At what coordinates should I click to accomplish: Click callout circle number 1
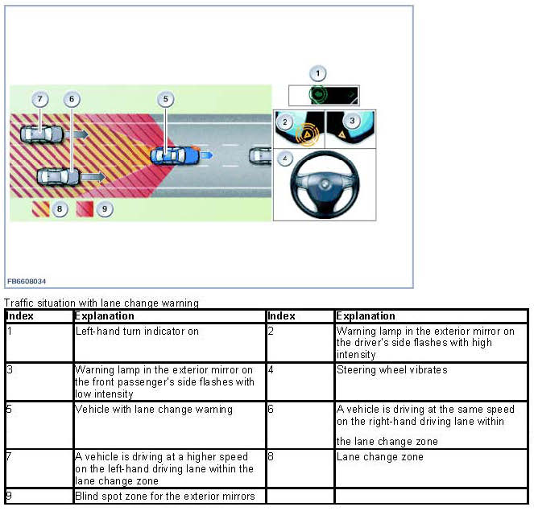tap(318, 73)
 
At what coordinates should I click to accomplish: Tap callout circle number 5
tap(165, 99)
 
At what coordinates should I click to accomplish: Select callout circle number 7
tap(40, 99)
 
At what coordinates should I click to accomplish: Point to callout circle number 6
tap(72, 99)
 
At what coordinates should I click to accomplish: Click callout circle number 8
tap(59, 209)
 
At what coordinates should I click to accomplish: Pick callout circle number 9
tap(104, 209)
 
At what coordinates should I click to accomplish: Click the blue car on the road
tap(175, 154)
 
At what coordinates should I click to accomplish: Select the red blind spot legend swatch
tap(85, 209)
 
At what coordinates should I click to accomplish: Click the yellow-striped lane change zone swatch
tap(39, 209)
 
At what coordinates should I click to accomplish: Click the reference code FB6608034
tap(27, 280)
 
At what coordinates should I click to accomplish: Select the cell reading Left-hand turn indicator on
tap(137, 331)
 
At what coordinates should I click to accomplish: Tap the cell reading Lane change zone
tap(368, 457)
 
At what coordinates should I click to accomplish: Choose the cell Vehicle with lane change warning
tap(154, 410)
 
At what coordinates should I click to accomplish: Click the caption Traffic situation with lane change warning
tap(101, 303)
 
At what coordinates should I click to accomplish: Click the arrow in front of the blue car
tap(206, 153)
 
